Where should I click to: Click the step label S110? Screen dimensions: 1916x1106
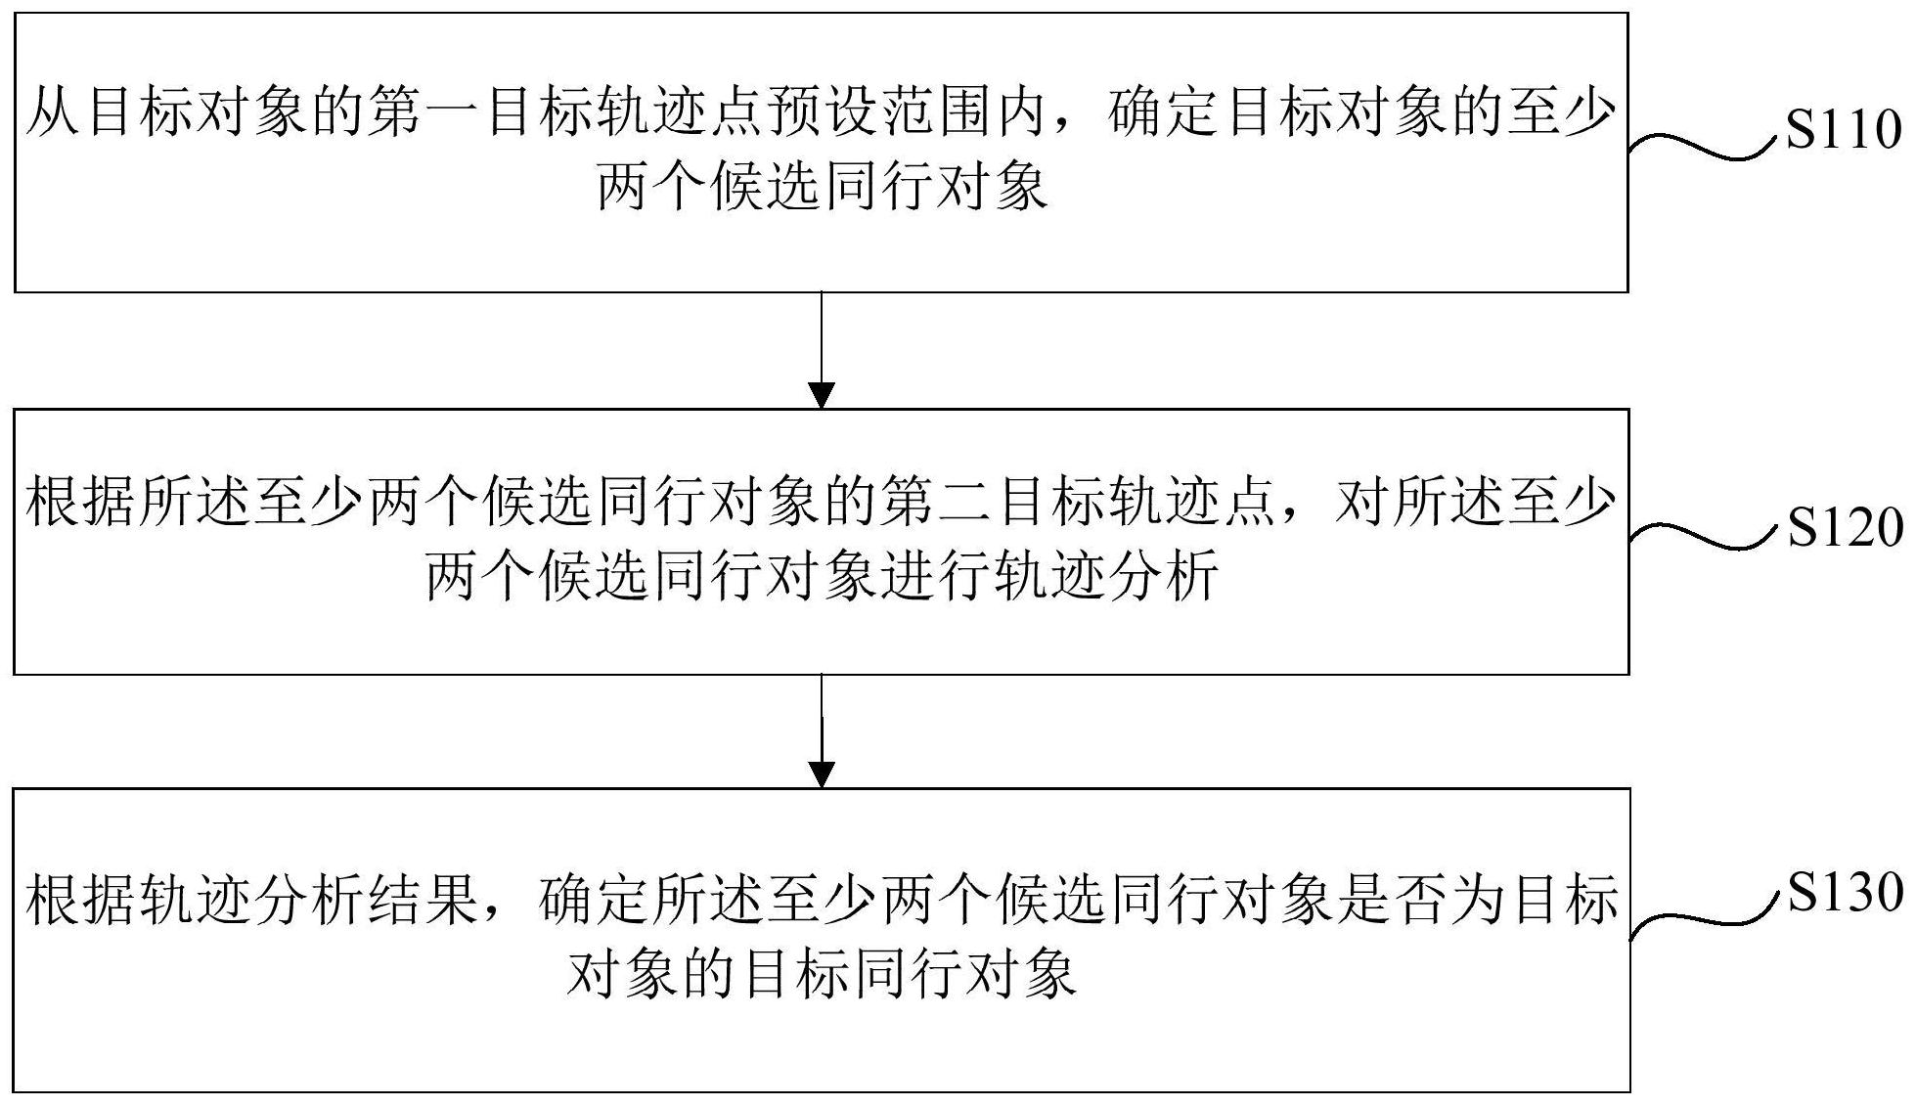click(1844, 130)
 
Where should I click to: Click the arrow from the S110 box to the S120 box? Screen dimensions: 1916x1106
click(822, 350)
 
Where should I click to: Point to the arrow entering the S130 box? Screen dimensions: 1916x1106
click(822, 730)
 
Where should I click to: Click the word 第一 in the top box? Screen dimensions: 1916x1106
click(426, 113)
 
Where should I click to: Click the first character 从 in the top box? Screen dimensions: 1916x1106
click(54, 113)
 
